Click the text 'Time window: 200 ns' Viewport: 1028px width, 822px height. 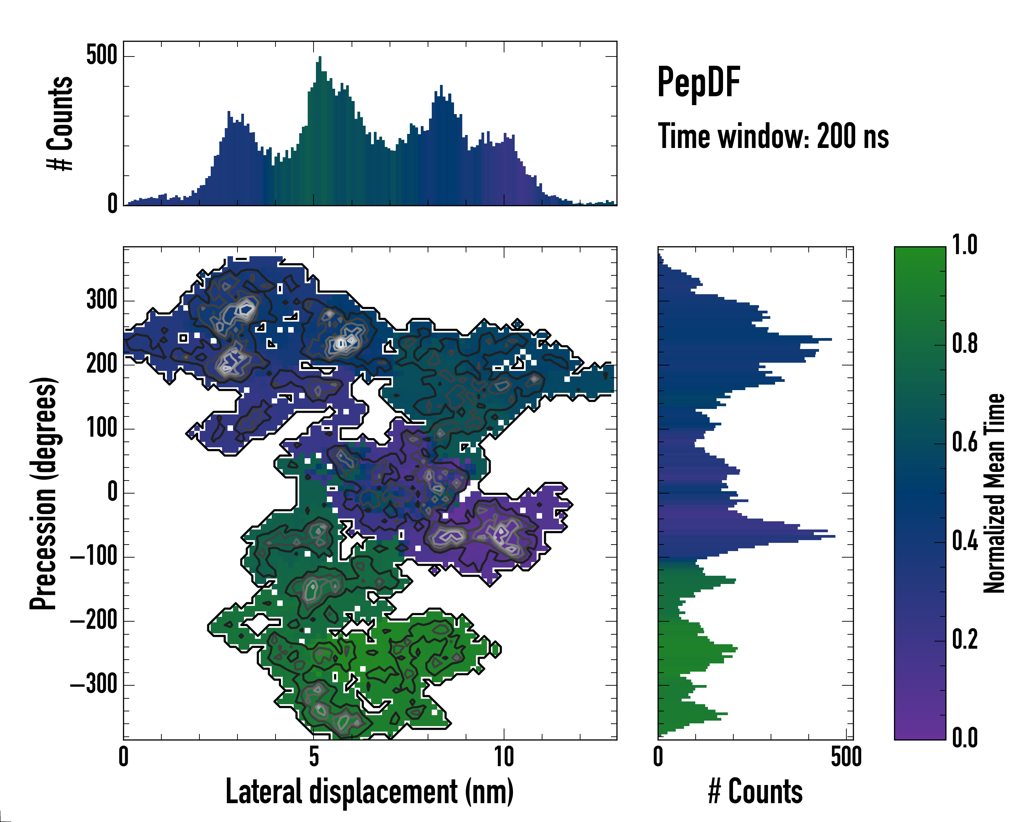pyautogui.click(x=773, y=136)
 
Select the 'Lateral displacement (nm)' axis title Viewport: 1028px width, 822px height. pyautogui.click(x=369, y=792)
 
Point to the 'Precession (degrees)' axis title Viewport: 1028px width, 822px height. pyautogui.click(x=44, y=493)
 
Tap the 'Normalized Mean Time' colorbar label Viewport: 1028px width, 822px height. pyautogui.click(x=994, y=493)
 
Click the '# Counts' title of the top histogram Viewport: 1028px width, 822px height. pyautogui.click(x=60, y=123)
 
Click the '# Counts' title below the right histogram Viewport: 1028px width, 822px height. pyautogui.click(x=755, y=792)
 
